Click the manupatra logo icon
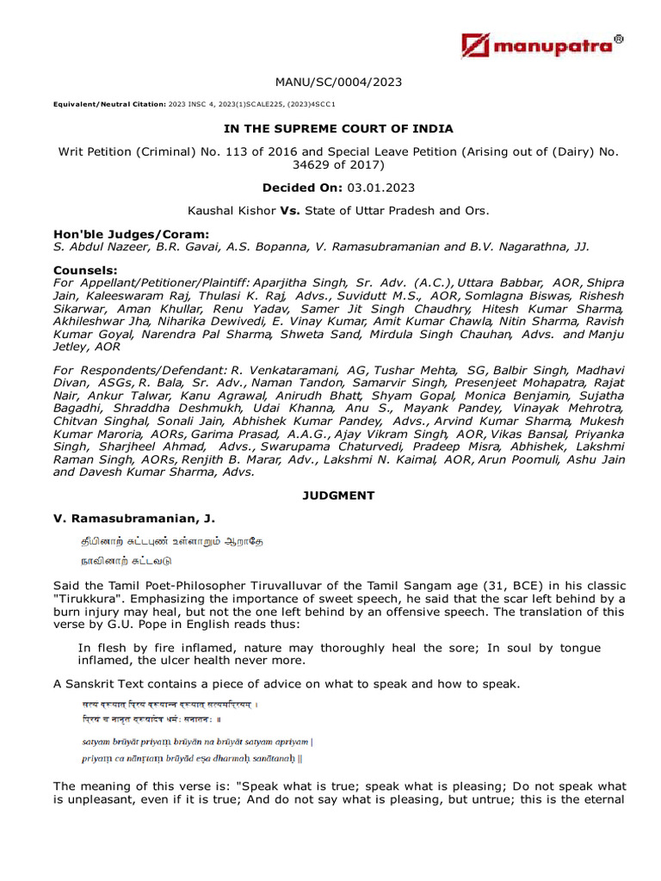click(476, 46)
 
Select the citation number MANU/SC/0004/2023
click(338, 83)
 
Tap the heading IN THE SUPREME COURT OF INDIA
click(338, 129)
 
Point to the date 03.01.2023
click(374, 187)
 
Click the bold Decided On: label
click(306, 187)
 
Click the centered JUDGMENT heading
click(338, 496)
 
